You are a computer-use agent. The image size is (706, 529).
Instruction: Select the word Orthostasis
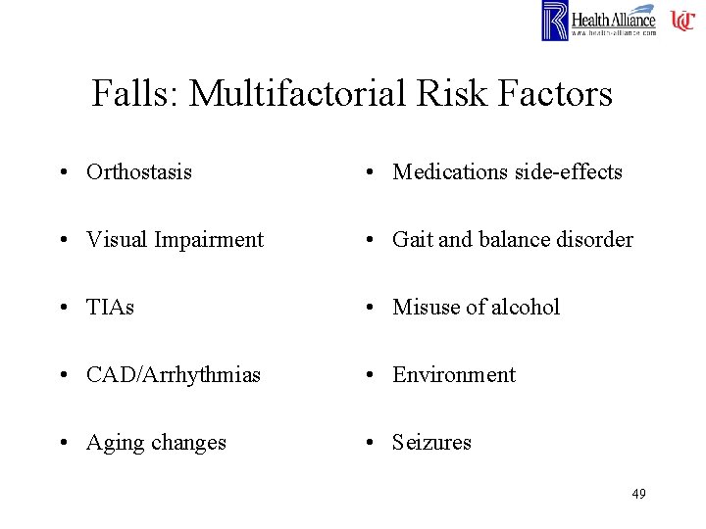(139, 172)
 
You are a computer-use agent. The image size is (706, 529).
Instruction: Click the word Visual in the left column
(114, 240)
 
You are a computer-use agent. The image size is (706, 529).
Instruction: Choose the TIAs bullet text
(111, 308)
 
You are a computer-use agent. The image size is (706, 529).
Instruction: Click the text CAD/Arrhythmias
(174, 375)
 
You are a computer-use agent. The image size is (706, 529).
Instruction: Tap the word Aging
(116, 443)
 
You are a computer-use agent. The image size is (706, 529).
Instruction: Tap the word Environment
(454, 375)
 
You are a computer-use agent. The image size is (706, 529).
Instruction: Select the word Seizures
(431, 443)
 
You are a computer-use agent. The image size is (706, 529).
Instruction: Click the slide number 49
(638, 494)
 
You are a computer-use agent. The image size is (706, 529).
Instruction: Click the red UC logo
(682, 21)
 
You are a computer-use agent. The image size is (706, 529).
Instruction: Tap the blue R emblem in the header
(554, 21)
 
